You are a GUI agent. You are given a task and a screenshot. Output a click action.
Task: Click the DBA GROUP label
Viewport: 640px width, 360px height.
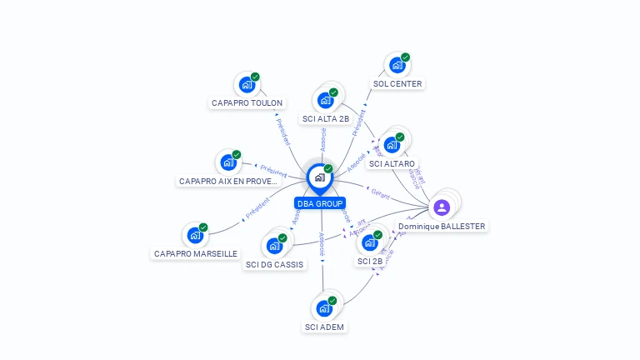[320, 203]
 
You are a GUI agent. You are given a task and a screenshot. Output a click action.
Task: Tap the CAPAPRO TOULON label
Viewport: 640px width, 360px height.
[247, 103]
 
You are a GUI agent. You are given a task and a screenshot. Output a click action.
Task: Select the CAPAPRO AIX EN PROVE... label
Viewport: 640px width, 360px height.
[227, 181]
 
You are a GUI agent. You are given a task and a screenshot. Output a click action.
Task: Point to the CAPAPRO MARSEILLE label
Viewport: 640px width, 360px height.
[196, 253]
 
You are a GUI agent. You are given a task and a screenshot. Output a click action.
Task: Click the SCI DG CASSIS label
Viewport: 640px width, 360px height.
[275, 264]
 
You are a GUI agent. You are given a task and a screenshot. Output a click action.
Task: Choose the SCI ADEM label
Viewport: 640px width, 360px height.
[324, 327]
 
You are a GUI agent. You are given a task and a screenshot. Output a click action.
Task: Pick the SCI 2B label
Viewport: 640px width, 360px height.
[370, 262]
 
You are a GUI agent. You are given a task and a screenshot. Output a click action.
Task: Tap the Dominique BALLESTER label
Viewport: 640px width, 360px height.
[442, 226]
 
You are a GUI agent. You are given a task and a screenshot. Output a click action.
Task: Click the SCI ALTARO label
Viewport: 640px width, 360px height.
[392, 164]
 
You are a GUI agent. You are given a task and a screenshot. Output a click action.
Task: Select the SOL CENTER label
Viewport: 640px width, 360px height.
[397, 84]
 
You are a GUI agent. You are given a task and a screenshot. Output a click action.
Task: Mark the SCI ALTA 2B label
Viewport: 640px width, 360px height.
[326, 119]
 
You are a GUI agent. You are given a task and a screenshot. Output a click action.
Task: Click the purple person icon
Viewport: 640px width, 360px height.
[442, 207]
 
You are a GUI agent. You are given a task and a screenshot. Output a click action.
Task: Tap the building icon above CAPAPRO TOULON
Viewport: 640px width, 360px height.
[247, 84]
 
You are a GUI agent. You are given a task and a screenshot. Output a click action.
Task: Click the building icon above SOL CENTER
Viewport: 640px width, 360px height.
[397, 65]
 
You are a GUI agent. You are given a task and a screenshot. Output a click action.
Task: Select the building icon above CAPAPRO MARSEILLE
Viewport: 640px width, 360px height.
[195, 235]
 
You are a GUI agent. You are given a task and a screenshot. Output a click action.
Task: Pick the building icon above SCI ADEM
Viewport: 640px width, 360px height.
[324, 307]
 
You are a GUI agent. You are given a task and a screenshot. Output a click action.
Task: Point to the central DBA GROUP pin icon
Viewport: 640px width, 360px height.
[319, 177]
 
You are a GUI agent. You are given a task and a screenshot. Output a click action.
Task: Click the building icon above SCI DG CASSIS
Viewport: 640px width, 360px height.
[274, 245]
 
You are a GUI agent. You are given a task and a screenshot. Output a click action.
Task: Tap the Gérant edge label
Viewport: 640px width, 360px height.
[380, 192]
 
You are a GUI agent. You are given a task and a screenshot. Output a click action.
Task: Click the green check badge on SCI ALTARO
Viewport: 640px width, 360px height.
[400, 137]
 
